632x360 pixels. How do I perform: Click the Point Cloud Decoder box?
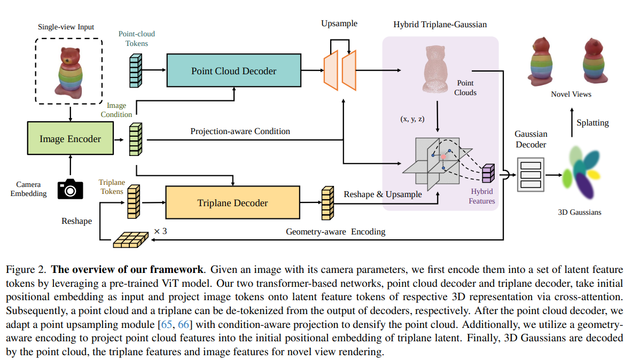click(x=233, y=71)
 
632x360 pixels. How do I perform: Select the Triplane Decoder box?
click(x=232, y=203)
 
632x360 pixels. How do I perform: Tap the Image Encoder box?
click(x=70, y=139)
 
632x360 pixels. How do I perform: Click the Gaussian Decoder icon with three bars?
click(x=530, y=174)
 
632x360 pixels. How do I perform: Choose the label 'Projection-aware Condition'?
click(x=240, y=131)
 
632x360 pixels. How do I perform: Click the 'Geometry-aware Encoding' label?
click(x=335, y=232)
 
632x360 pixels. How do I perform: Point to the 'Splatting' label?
click(x=592, y=122)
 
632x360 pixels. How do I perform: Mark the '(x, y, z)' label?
click(x=412, y=119)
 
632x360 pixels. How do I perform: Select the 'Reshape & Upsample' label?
click(x=383, y=194)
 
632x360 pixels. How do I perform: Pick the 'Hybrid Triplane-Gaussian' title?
click(x=440, y=25)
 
